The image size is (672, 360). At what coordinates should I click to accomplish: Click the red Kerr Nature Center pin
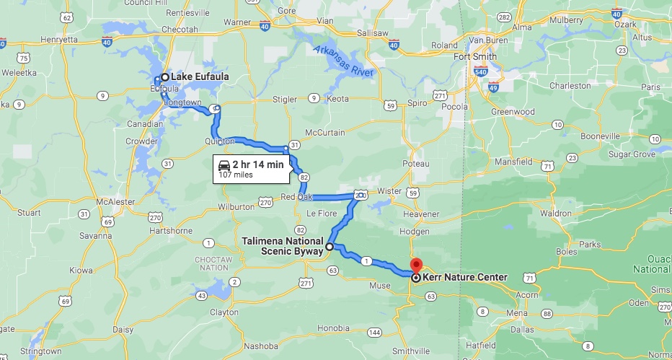416,265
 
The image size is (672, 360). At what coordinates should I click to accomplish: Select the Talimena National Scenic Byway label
284,247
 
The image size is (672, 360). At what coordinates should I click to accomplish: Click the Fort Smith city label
475,57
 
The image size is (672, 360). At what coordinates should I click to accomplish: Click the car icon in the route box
224,164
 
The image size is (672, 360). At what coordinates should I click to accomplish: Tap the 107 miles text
235,175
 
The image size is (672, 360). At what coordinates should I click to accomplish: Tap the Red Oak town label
297,196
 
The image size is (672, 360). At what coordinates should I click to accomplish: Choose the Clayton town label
223,312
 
